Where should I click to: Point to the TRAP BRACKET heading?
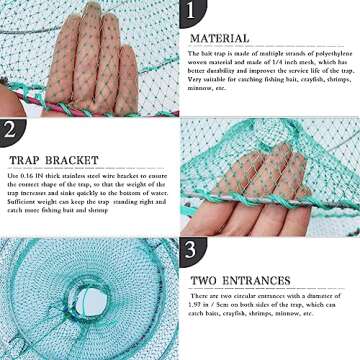46,158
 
